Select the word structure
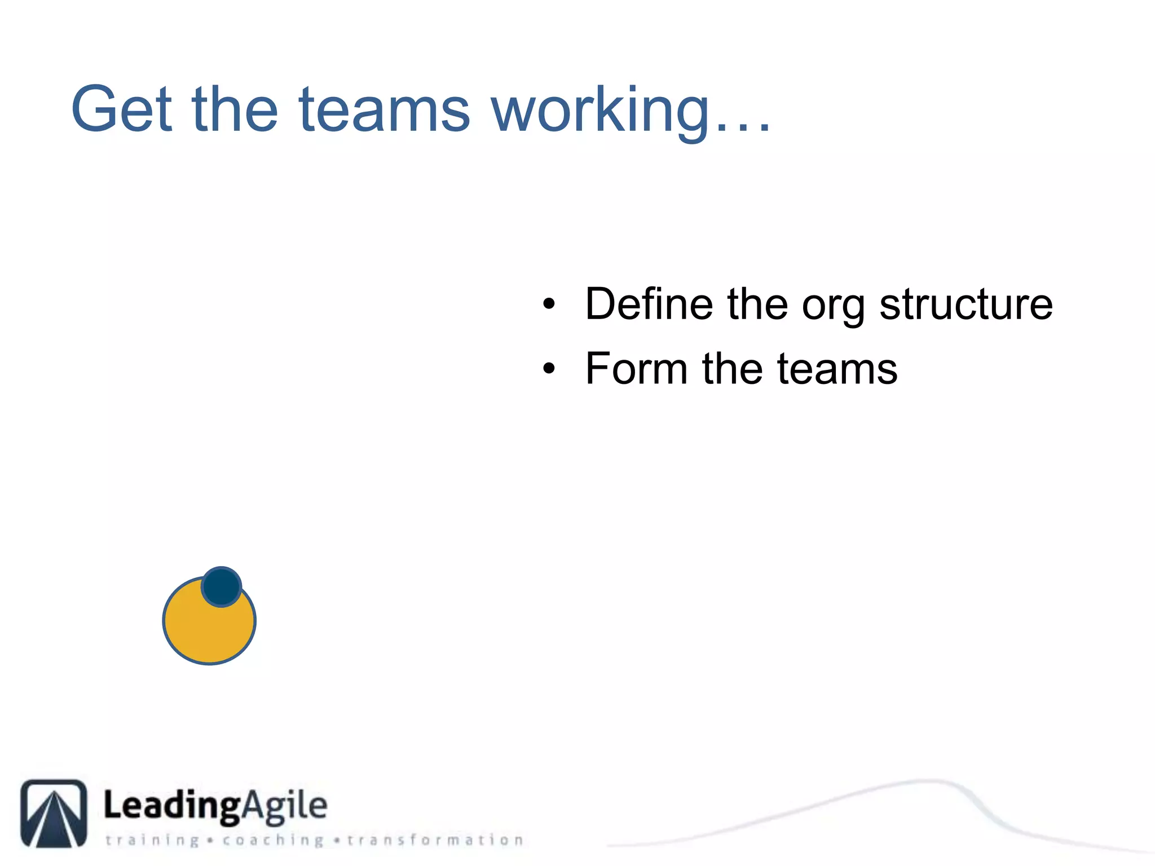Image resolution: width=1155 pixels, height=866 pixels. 966,304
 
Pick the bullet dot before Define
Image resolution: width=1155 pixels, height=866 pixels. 549,305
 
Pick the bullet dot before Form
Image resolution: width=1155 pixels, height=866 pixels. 549,369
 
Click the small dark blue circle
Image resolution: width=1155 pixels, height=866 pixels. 222,586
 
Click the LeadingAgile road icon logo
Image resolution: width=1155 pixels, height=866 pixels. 54,813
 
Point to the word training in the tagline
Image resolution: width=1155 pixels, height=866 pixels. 152,841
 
